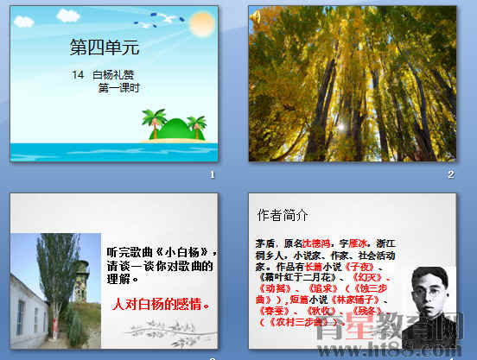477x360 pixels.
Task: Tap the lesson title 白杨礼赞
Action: click(x=112, y=75)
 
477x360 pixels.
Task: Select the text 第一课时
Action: click(x=119, y=87)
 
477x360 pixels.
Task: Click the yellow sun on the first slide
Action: click(x=201, y=22)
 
